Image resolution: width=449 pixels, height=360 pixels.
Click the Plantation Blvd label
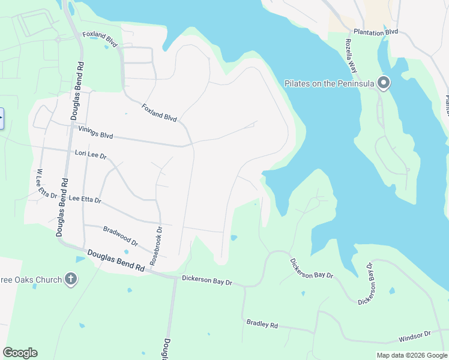[x=376, y=32]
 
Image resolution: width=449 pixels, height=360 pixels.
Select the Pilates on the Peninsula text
[x=330, y=83]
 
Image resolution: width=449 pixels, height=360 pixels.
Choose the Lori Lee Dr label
[x=90, y=155]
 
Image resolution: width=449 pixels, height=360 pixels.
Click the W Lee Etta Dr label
[x=46, y=184]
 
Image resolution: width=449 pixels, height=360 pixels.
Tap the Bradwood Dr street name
[x=121, y=236]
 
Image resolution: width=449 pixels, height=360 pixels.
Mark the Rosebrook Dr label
[x=156, y=247]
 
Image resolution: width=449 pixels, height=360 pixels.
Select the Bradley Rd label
[x=262, y=324]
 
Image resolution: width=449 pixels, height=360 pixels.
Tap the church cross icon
[x=71, y=279]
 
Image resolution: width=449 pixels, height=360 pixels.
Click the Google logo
[x=20, y=353]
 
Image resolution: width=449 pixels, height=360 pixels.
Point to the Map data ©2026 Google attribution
[x=412, y=355]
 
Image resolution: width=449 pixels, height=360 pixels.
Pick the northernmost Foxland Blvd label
[x=100, y=39]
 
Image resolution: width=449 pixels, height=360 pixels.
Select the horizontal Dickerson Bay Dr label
[x=207, y=280]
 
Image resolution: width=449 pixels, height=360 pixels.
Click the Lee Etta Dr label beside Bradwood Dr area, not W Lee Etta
[x=85, y=199]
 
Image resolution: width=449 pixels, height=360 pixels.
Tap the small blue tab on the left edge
[x=1, y=118]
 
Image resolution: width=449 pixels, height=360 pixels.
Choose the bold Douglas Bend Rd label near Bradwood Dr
[x=116, y=262]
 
